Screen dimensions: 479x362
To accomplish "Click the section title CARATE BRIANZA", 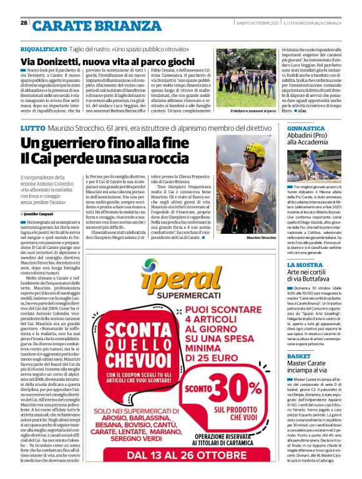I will point(84,26).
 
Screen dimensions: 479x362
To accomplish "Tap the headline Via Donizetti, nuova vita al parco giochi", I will point(107,61).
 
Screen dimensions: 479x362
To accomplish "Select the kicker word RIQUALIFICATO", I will point(42,48).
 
